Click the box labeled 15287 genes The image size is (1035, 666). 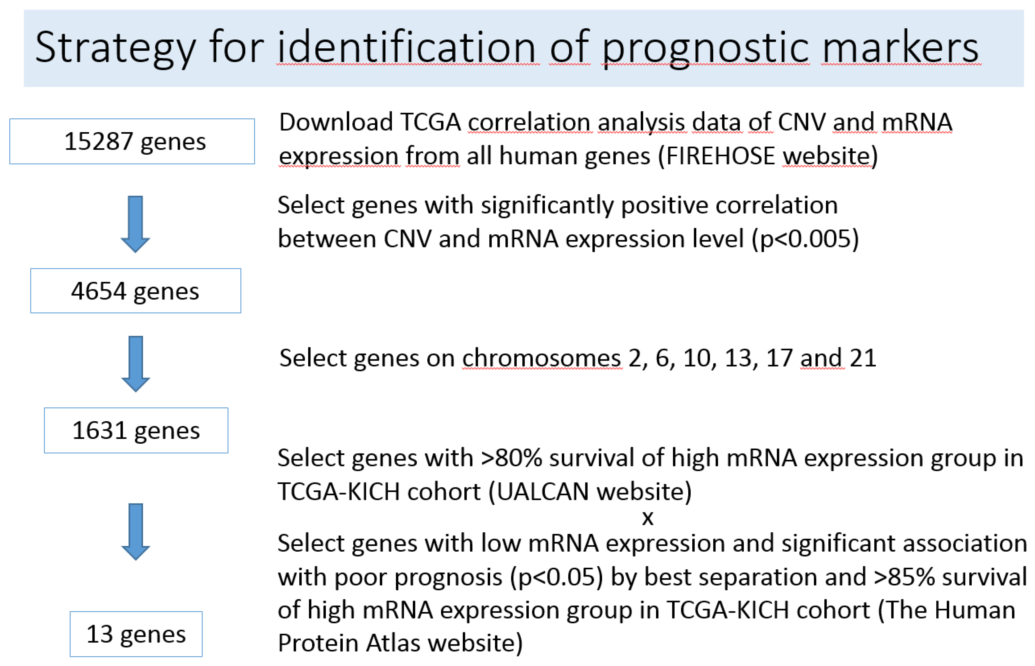click(132, 141)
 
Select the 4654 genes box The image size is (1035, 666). click(135, 291)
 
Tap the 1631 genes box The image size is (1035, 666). click(136, 430)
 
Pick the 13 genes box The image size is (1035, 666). click(136, 634)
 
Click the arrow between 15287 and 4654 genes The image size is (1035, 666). click(135, 224)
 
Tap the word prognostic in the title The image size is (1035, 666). click(705, 47)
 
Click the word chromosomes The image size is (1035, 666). click(542, 358)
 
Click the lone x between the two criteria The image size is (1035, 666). click(648, 518)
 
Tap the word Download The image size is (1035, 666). click(336, 122)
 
